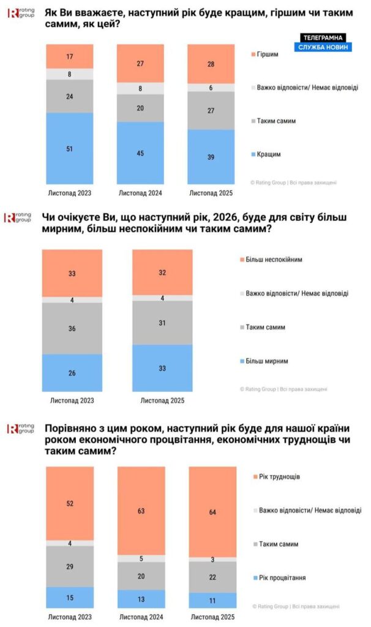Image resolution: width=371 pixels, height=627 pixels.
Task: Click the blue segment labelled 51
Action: (x=70, y=148)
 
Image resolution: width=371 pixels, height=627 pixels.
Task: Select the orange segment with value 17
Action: (x=70, y=56)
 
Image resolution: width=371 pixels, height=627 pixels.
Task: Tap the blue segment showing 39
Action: (x=212, y=157)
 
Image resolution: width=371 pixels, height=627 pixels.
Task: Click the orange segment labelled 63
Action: (x=141, y=510)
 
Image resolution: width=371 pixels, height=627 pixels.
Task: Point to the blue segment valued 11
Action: (x=212, y=600)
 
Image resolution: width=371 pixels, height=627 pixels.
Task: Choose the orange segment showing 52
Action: (x=70, y=503)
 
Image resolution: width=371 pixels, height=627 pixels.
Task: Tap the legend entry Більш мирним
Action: (x=268, y=361)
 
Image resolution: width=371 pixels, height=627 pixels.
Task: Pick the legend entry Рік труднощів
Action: (x=279, y=476)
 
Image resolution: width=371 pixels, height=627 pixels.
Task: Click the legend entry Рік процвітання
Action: (x=282, y=577)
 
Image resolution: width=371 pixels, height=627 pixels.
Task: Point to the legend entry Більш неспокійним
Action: (x=274, y=260)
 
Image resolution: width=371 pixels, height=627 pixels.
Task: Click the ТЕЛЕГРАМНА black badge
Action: (x=323, y=37)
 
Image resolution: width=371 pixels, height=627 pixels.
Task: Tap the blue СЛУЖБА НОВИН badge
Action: (x=323, y=47)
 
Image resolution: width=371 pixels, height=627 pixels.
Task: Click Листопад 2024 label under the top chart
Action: (x=141, y=194)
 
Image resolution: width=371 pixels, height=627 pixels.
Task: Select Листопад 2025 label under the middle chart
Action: (x=163, y=401)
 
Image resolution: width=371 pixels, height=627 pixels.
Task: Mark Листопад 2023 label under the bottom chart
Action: (x=70, y=617)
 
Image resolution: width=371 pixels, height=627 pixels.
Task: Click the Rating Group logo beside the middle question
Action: (x=18, y=217)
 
